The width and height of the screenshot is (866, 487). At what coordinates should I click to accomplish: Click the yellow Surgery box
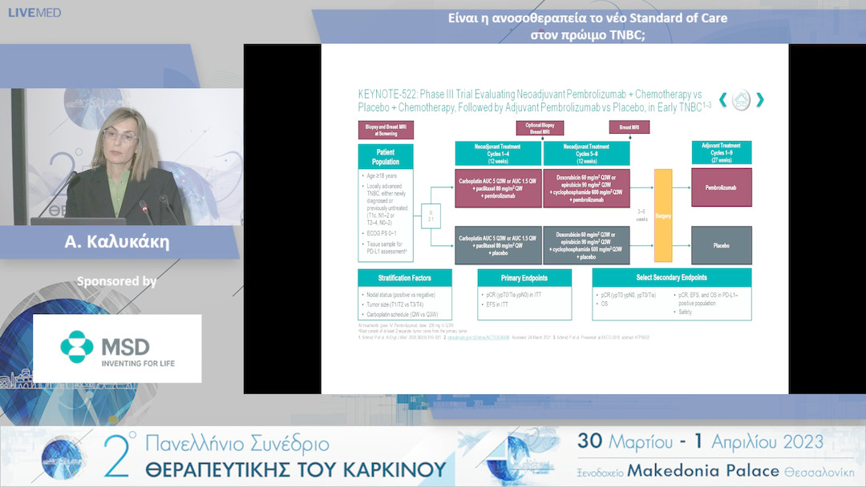pyautogui.click(x=663, y=215)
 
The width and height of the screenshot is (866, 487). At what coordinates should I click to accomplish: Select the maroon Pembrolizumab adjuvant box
pyautogui.click(x=722, y=187)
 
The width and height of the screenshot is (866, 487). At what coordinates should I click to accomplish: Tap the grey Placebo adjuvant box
pyautogui.click(x=722, y=245)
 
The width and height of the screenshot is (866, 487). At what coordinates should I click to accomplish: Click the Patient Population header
pyautogui.click(x=386, y=156)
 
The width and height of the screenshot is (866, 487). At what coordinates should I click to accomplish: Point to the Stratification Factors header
pyautogui.click(x=404, y=278)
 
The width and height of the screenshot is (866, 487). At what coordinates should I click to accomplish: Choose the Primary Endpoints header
pyautogui.click(x=524, y=278)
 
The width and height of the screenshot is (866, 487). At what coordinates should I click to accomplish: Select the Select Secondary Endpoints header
pyautogui.click(x=671, y=278)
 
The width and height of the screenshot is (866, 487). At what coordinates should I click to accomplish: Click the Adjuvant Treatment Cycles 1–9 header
pyautogui.click(x=722, y=153)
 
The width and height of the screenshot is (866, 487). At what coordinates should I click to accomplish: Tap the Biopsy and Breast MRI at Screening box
pyautogui.click(x=386, y=129)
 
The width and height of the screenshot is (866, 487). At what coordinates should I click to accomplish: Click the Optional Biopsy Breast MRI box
pyautogui.click(x=540, y=128)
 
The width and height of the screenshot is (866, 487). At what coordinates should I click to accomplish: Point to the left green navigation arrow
pyautogui.click(x=722, y=100)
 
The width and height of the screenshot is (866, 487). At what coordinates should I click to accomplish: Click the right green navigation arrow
pyautogui.click(x=759, y=100)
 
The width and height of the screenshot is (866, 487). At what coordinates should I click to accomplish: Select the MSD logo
pyautogui.click(x=117, y=348)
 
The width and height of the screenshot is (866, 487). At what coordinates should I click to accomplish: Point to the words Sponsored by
pyautogui.click(x=116, y=281)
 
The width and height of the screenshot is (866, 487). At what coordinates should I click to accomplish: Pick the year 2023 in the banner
pyautogui.click(x=793, y=441)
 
